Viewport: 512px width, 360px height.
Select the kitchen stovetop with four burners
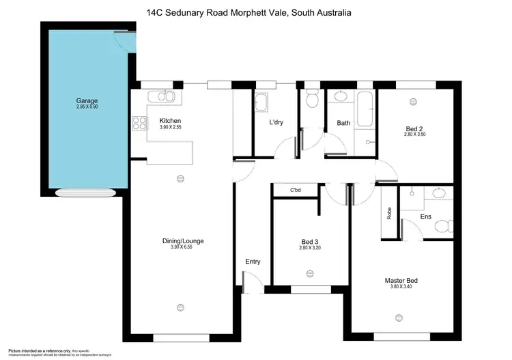[139, 124]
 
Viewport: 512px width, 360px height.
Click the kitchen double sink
[156, 97]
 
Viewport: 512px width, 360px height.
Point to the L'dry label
[276, 122]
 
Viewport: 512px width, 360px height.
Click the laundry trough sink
[261, 103]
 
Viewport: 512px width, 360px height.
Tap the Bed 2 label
[414, 128]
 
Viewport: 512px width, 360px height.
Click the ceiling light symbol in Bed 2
[413, 102]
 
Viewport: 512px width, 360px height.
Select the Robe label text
[389, 214]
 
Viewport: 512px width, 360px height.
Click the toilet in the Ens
[442, 225]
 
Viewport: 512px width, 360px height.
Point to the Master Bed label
[401, 281]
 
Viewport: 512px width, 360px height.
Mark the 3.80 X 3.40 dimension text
[401, 288]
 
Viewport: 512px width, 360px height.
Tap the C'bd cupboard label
[296, 190]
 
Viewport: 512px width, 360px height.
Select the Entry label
[253, 262]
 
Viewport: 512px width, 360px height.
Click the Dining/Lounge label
[183, 240]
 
